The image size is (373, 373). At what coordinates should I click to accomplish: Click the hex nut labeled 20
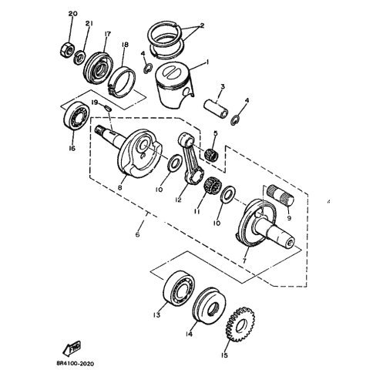click(67, 49)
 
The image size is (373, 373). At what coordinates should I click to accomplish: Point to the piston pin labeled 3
click(216, 109)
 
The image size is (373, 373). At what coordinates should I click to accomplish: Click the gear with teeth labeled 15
click(240, 324)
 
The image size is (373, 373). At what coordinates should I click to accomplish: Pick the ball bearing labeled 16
click(76, 116)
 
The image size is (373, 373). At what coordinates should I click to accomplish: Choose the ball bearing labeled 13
click(179, 288)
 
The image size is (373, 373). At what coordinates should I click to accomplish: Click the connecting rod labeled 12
click(191, 158)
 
